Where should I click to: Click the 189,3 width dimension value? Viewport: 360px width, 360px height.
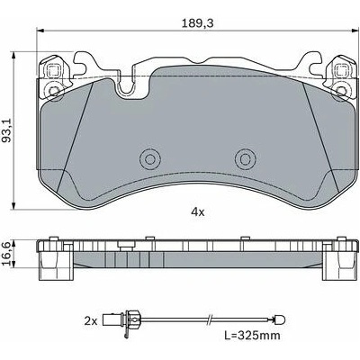tap(198, 23)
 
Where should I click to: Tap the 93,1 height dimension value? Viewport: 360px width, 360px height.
tap(7, 130)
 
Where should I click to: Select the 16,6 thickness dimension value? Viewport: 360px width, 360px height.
tap(6, 255)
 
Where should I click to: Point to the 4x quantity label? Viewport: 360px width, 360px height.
tap(198, 212)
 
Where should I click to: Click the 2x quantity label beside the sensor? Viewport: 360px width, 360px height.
tap(91, 322)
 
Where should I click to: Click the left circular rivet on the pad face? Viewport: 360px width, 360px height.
tap(149, 158)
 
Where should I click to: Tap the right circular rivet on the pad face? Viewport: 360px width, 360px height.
tap(246, 158)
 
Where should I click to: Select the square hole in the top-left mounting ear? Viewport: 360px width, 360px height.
tap(53, 71)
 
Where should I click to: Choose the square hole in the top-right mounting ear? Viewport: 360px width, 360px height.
tap(341, 71)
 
